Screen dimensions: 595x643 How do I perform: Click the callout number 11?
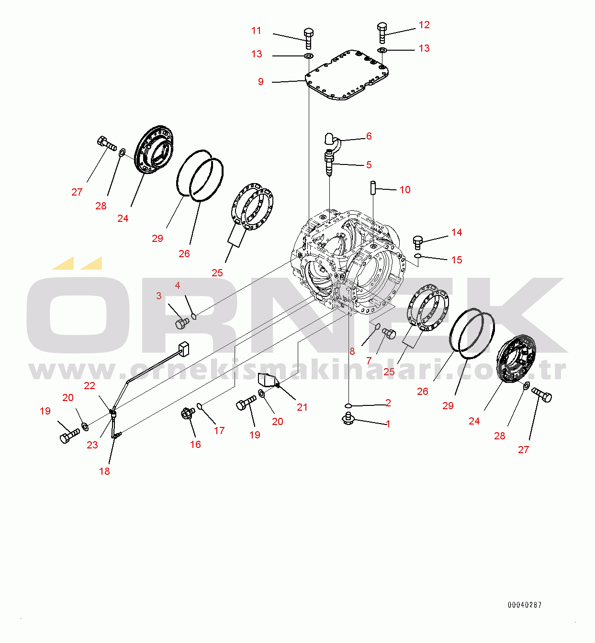[x=256, y=31]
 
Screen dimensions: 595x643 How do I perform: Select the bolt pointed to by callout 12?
[x=382, y=33]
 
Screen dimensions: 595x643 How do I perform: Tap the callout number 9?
[x=261, y=82]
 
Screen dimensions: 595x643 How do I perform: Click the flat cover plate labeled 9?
[x=347, y=75]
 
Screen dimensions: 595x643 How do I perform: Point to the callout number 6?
[x=369, y=136]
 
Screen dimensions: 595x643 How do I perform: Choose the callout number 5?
[x=369, y=165]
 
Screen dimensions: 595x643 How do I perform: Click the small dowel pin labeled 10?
[x=373, y=188]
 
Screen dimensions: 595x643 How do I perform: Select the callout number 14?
[x=457, y=232]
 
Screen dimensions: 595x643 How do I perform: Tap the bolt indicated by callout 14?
[x=417, y=243]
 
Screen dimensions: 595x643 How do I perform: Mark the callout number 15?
[x=457, y=260]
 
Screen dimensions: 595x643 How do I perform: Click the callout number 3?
[x=158, y=295]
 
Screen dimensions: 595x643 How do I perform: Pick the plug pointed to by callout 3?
[x=182, y=324]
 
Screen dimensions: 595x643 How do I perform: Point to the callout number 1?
[x=388, y=424]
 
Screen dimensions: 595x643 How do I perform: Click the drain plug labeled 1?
[x=348, y=418]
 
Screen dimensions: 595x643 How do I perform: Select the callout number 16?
[x=195, y=445]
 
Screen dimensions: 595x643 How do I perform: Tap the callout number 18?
[x=104, y=471]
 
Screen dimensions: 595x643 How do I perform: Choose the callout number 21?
[x=302, y=407]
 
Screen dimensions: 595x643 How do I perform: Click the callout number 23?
[x=92, y=445]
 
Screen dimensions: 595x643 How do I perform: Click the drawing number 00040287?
[x=525, y=604]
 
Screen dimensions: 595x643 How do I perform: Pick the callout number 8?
[x=352, y=351]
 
